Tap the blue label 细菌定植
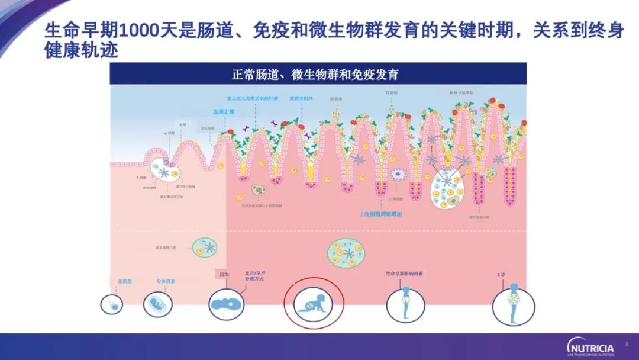click(x=224, y=111)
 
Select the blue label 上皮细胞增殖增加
click(x=380, y=214)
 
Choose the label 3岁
click(x=502, y=274)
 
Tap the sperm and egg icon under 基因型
click(x=111, y=304)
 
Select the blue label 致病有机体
click(x=301, y=98)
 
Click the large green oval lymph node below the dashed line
click(x=346, y=253)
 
